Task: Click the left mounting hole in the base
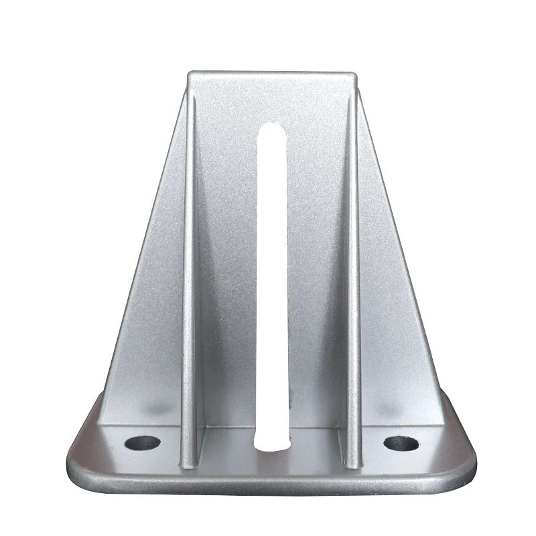[143, 443]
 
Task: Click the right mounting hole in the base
[401, 443]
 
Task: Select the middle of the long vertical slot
[273, 288]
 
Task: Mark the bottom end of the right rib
[353, 462]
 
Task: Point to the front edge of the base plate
[273, 488]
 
